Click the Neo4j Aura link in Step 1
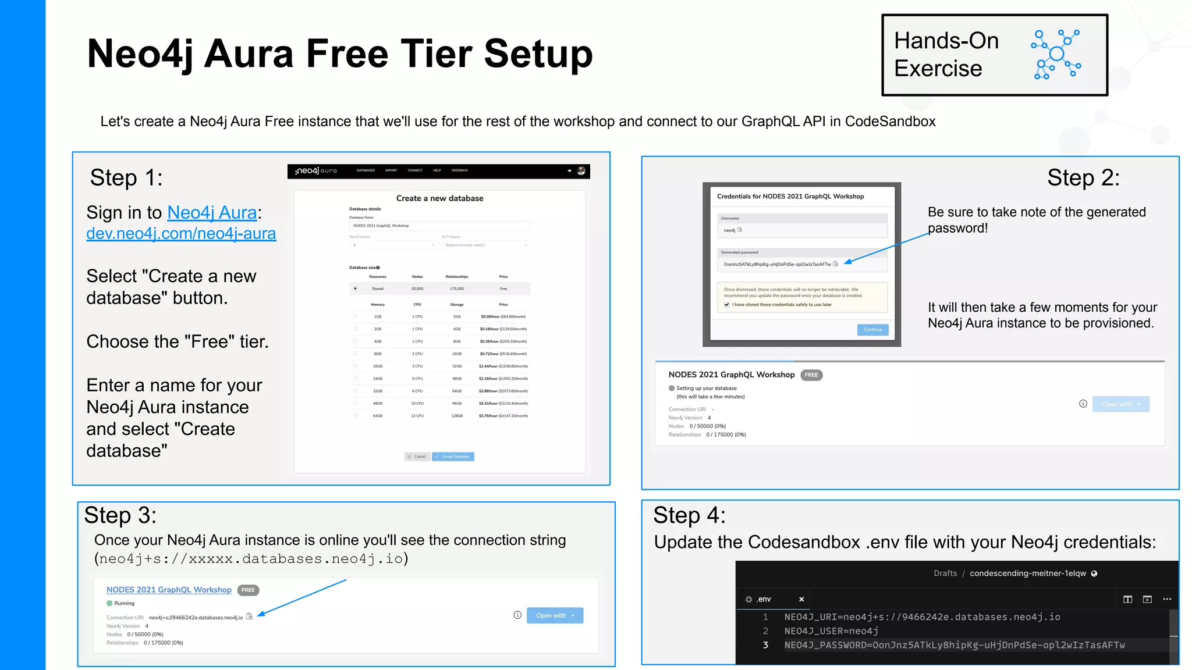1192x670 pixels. click(212, 213)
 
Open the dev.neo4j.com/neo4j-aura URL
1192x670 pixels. click(181, 233)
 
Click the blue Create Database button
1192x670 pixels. click(453, 457)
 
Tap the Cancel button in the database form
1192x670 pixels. click(417, 457)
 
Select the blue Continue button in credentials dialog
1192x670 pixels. click(872, 330)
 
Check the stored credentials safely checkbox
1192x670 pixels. click(726, 305)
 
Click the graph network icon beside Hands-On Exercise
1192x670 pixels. click(1056, 55)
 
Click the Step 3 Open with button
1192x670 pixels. click(555, 615)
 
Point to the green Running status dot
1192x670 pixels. click(109, 603)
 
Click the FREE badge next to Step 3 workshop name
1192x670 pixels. click(248, 590)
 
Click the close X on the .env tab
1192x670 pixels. click(801, 599)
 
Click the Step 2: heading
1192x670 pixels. click(1083, 178)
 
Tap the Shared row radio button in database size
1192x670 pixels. click(355, 288)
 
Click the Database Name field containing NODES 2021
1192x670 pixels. click(439, 226)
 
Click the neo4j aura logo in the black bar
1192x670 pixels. click(316, 171)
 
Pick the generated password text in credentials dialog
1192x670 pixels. click(776, 265)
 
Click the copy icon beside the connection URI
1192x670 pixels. click(249, 616)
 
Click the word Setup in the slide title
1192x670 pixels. click(538, 54)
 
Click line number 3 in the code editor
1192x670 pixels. click(765, 645)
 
